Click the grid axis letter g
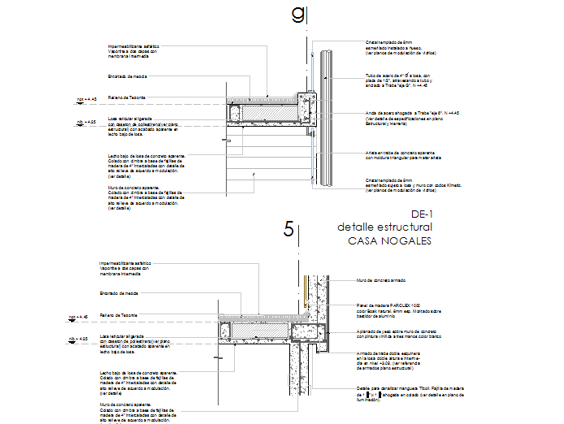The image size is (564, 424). [298, 15]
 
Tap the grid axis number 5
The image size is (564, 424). [289, 229]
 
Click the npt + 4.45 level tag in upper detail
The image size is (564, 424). [86, 99]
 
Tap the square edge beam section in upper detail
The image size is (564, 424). [305, 103]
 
